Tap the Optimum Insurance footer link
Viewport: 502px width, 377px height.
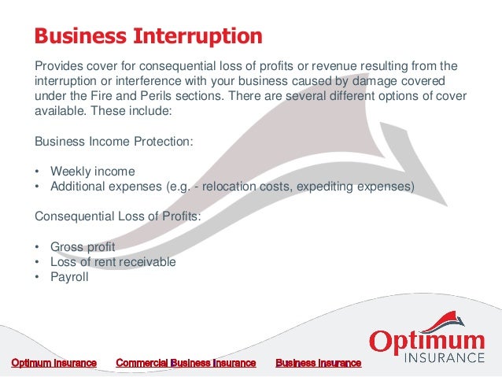54,363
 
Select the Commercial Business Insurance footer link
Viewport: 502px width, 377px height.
186,363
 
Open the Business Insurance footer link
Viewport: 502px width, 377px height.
318,363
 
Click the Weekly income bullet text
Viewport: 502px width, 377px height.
93,172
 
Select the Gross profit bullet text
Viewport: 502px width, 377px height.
83,247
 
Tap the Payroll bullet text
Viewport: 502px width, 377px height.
70,277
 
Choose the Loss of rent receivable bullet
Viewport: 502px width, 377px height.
113,262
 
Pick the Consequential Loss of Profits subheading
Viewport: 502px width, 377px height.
118,216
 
